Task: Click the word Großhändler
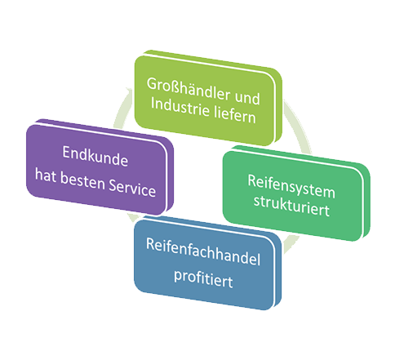[x=189, y=89]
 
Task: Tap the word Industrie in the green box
[x=180, y=108]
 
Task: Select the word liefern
[x=235, y=116]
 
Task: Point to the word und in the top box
[x=247, y=98]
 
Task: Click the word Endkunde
[x=95, y=156]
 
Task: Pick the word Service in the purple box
[x=132, y=187]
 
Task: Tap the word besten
[x=82, y=180]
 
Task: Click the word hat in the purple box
[x=46, y=175]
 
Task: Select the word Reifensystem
[x=291, y=187]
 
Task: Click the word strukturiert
[x=291, y=206]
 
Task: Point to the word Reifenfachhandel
[x=203, y=251]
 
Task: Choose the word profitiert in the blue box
[x=203, y=278]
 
